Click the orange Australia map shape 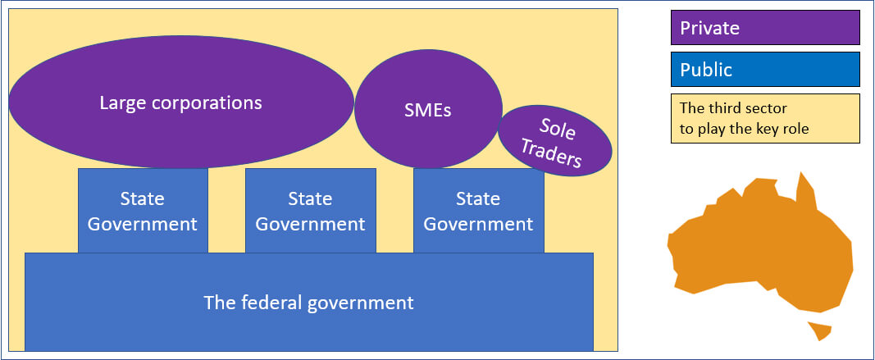763,246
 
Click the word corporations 212,103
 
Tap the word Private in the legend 709,28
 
